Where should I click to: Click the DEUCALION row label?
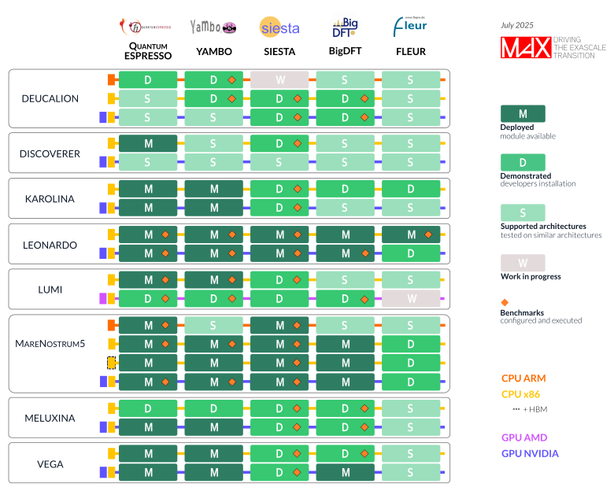pyautogui.click(x=50, y=98)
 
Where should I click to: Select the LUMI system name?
pyautogui.click(x=50, y=290)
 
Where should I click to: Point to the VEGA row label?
pyautogui.click(x=50, y=464)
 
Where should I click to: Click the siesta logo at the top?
pyautogui.click(x=279, y=28)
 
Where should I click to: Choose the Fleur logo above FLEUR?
pyautogui.click(x=410, y=28)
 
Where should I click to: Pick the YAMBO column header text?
pyautogui.click(x=213, y=53)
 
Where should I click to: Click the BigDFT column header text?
pyautogui.click(x=345, y=53)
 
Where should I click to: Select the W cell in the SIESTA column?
pyautogui.click(x=279, y=79)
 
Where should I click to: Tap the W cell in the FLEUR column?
pyautogui.click(x=410, y=299)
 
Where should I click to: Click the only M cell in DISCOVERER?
pyautogui.click(x=148, y=144)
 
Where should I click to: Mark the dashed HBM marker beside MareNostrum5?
pyautogui.click(x=112, y=363)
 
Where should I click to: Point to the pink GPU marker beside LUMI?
pyautogui.click(x=103, y=299)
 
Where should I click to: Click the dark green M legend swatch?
pyautogui.click(x=523, y=114)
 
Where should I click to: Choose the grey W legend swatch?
pyautogui.click(x=523, y=263)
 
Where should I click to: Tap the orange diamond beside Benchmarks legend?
pyautogui.click(x=505, y=302)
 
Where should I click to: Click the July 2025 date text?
pyautogui.click(x=517, y=25)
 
